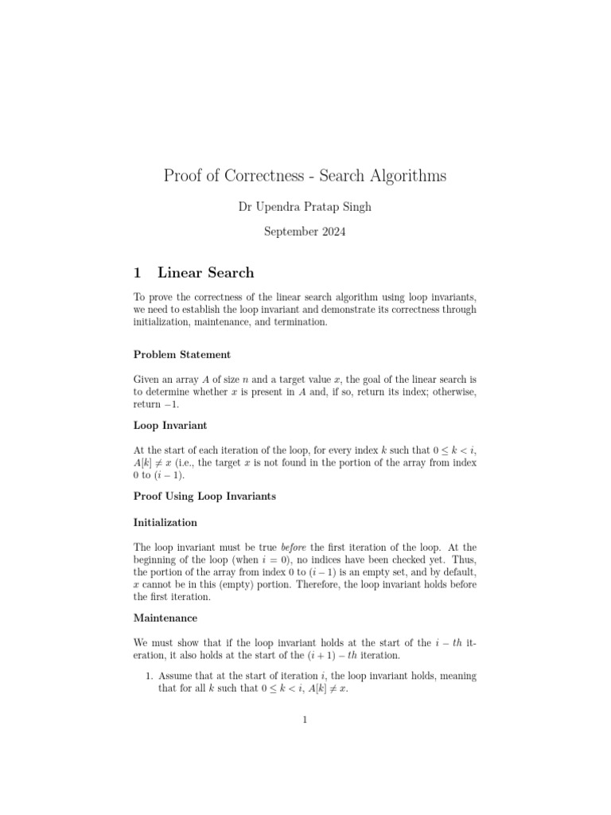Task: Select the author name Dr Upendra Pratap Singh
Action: pos(305,207)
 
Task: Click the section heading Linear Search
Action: pos(206,273)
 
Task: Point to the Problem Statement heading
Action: pos(182,354)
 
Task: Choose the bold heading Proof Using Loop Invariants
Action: pos(204,496)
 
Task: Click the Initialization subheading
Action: pos(165,523)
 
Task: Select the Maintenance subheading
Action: pos(165,618)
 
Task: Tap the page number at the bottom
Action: pos(305,720)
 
